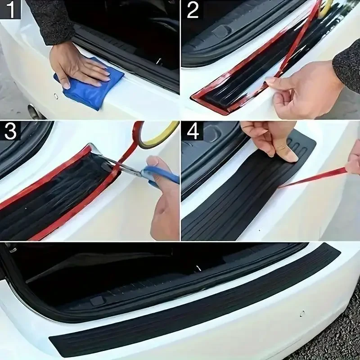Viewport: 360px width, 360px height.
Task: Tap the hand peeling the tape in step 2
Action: pos(301,90)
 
